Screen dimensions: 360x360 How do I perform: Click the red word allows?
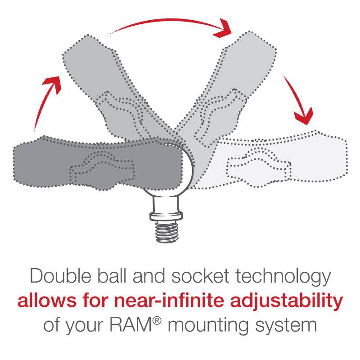point(42,301)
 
